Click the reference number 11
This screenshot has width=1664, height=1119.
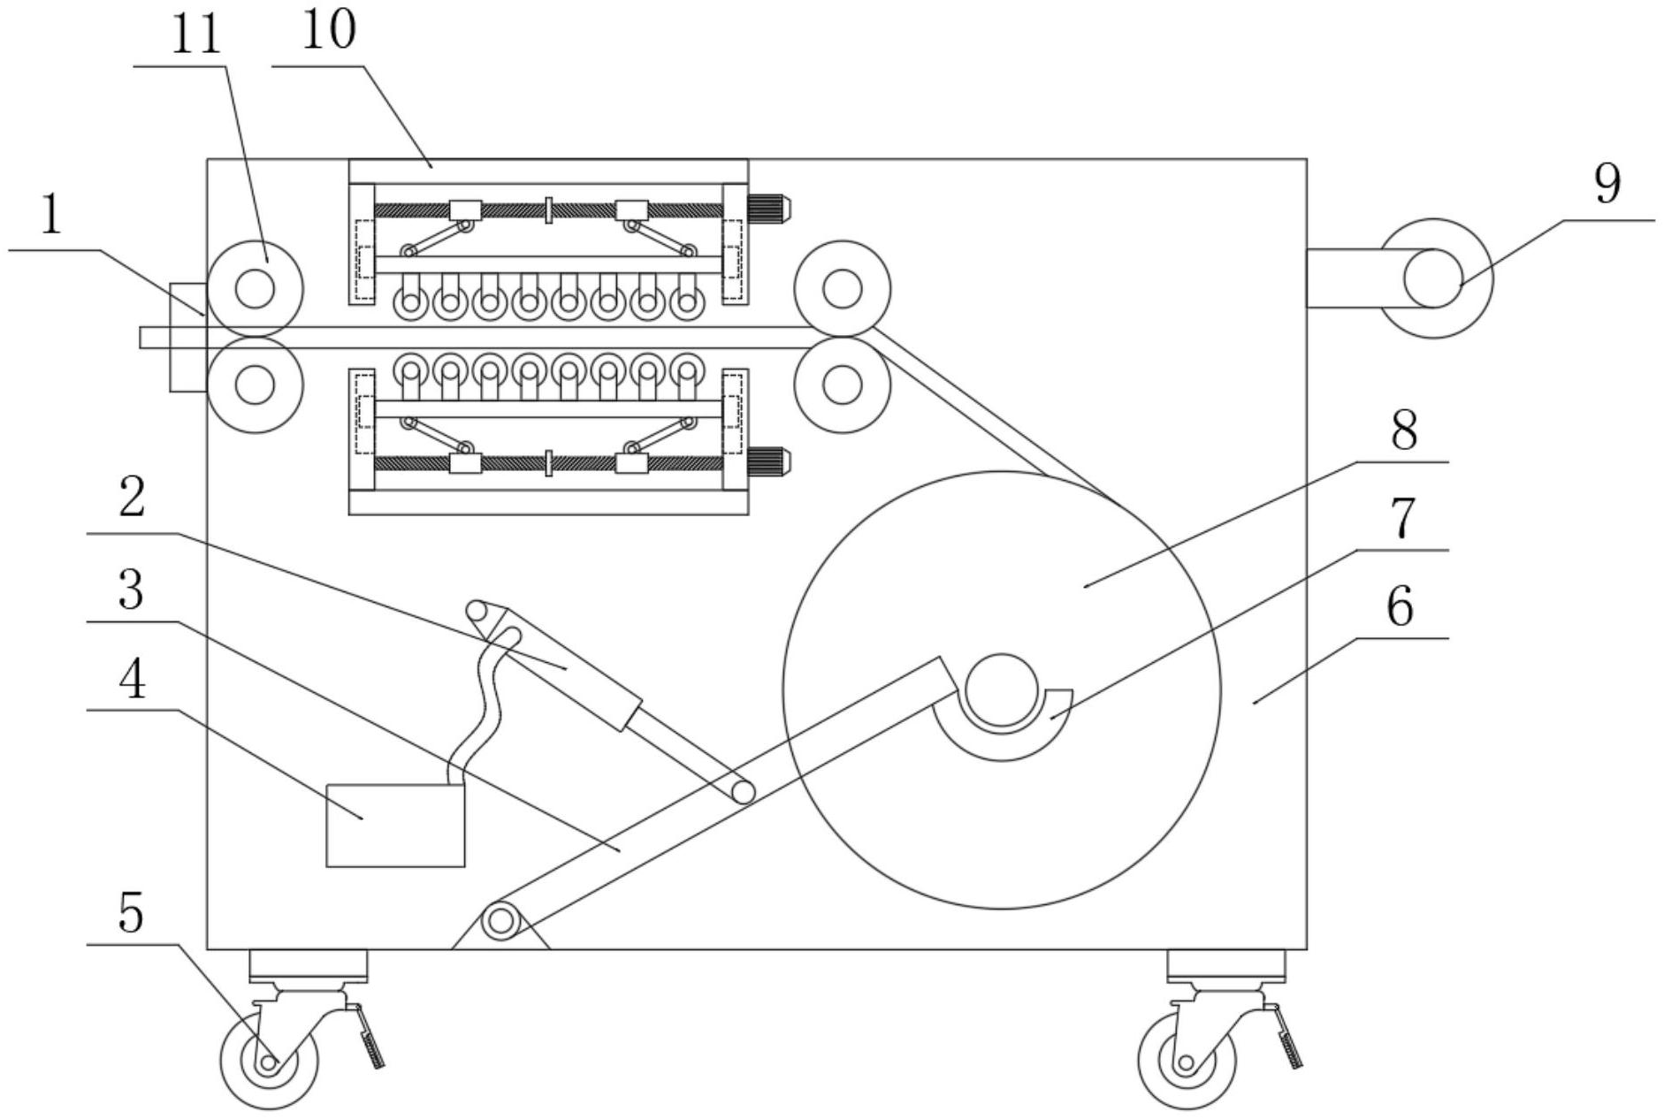pyautogui.click(x=195, y=35)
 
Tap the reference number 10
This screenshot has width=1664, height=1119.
pyautogui.click(x=329, y=30)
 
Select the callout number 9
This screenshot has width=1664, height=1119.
pyautogui.click(x=1607, y=185)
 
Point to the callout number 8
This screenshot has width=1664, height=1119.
pyautogui.click(x=1403, y=430)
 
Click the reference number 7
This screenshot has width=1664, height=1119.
pyautogui.click(x=1403, y=519)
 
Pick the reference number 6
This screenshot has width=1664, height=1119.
pyautogui.click(x=1400, y=606)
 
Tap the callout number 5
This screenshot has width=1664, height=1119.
pyautogui.click(x=130, y=912)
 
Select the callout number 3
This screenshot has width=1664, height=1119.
pyautogui.click(x=131, y=590)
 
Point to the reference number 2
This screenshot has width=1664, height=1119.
pyautogui.click(x=131, y=499)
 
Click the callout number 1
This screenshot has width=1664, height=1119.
pyautogui.click(x=51, y=216)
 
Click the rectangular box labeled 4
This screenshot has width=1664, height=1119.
pyautogui.click(x=395, y=825)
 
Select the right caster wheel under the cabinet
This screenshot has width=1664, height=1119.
pyautogui.click(x=1186, y=1062)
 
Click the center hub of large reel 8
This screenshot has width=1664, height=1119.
pyautogui.click(x=1001, y=689)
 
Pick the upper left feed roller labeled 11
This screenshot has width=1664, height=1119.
pyautogui.click(x=255, y=288)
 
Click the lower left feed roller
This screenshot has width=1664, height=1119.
pyautogui.click(x=255, y=385)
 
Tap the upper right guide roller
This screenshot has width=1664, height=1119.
pyautogui.click(x=842, y=288)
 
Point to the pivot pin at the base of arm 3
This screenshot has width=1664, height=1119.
pyautogui.click(x=500, y=921)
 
